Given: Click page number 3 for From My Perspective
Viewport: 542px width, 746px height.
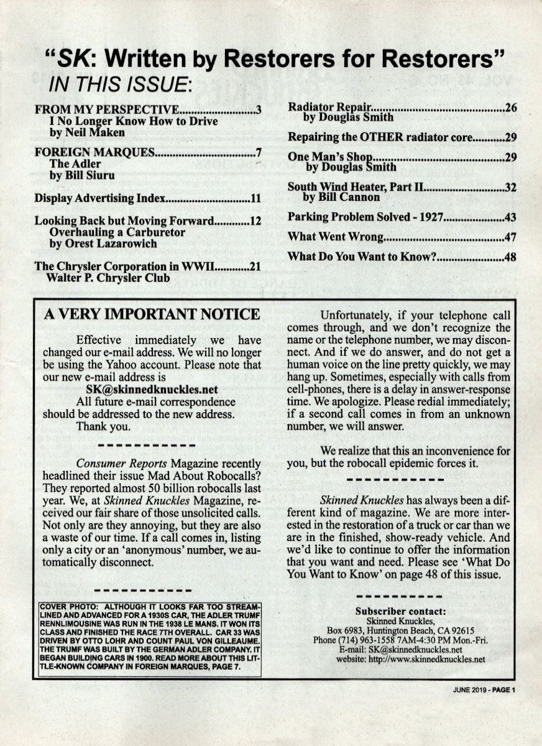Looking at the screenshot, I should [257, 111].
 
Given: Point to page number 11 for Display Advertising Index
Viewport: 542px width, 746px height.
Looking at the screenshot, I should [255, 199].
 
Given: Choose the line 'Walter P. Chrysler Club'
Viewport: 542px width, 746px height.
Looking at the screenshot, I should [108, 278].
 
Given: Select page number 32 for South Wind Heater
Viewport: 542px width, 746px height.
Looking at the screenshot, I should [511, 186].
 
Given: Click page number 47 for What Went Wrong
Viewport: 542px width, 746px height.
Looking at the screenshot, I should [511, 237].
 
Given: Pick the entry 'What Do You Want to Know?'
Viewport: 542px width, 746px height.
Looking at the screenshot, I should [360, 256].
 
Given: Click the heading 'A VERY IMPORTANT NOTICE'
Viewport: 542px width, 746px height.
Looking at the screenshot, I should [152, 315].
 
